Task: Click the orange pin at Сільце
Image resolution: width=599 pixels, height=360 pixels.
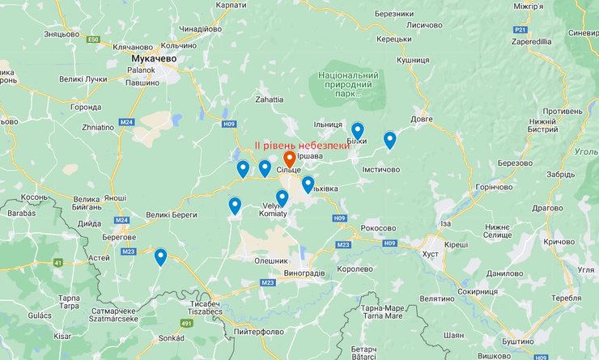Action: tap(289, 159)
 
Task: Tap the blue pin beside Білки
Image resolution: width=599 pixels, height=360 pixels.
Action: tap(357, 130)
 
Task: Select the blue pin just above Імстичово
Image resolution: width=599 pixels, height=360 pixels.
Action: tap(389, 139)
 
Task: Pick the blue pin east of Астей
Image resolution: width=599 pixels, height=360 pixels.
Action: tap(160, 256)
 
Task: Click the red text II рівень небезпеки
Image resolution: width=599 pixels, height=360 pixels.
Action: tap(301, 144)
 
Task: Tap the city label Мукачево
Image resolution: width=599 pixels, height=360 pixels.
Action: tap(153, 58)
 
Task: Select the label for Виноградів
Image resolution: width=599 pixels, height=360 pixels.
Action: tap(304, 273)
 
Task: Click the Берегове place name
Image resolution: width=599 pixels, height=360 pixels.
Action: tap(118, 237)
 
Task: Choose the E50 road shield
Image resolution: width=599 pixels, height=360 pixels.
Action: tap(94, 39)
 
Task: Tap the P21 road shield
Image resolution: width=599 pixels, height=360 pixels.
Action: tap(520, 30)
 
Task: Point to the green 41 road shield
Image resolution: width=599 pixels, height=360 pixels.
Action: tap(57, 262)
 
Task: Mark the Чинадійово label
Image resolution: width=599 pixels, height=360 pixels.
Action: tap(200, 28)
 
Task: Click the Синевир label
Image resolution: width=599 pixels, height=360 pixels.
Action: tap(583, 33)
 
